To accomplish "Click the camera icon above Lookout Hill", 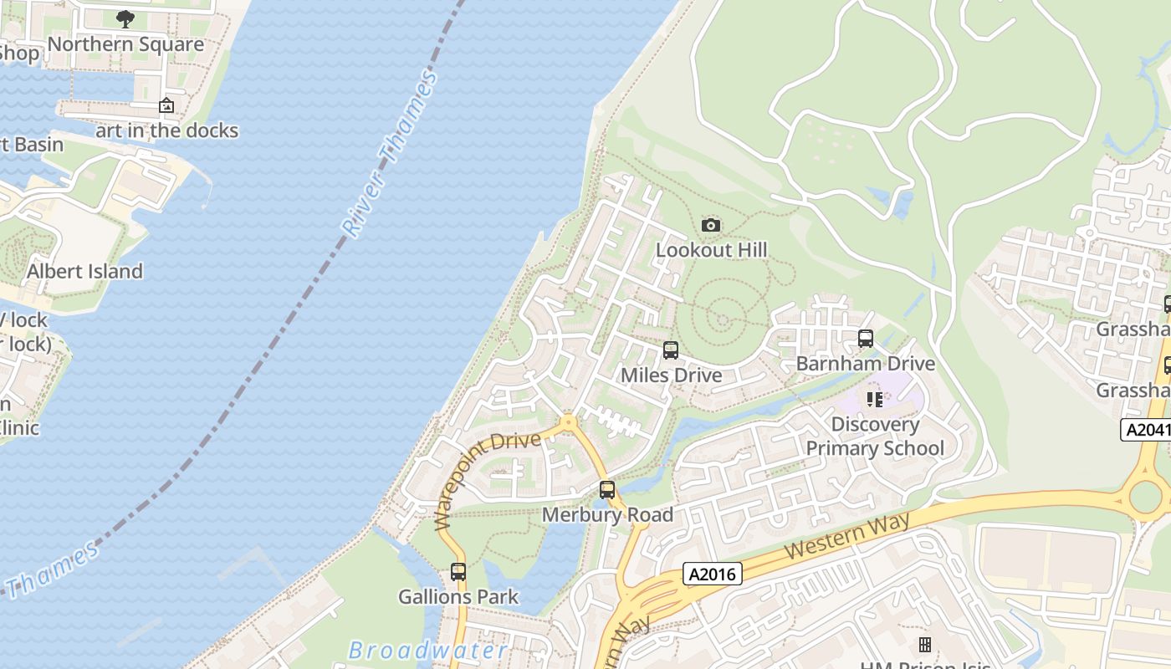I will point(710,225).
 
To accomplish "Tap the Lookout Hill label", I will point(712,250).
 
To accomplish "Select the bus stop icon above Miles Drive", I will point(670,350).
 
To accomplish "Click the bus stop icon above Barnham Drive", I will point(866,339).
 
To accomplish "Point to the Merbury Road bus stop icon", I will point(607,490).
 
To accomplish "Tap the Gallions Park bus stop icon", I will point(458,572).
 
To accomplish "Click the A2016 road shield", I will point(713,574).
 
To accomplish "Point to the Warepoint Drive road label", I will point(486,477).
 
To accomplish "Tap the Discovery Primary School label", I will point(875,437).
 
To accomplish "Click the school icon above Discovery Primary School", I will point(875,400).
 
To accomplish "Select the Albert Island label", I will point(84,272).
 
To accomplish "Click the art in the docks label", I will point(166,130).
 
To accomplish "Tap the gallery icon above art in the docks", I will point(166,106).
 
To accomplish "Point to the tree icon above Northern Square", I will point(125,18).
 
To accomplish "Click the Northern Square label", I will point(125,44).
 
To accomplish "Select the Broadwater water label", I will point(427,651).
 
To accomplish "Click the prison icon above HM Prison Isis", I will point(925,644).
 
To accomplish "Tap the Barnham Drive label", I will point(866,364).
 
